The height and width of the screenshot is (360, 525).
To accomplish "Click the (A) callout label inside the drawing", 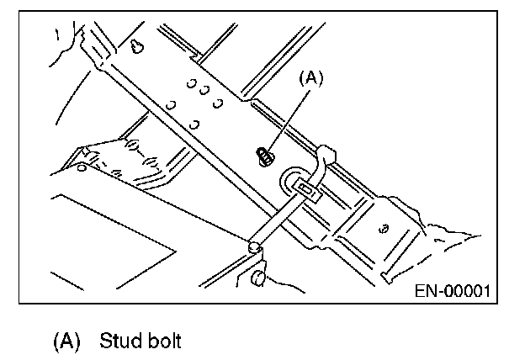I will pos(310,78).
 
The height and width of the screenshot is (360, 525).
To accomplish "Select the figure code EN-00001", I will pos(453,291).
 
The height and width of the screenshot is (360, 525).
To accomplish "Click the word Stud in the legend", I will pos(118,341).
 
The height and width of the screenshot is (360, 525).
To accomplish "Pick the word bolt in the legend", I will pos(162,341).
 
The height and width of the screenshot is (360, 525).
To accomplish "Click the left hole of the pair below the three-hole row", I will pos(171,105).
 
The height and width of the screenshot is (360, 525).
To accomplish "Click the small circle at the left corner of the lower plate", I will pos(80,166).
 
